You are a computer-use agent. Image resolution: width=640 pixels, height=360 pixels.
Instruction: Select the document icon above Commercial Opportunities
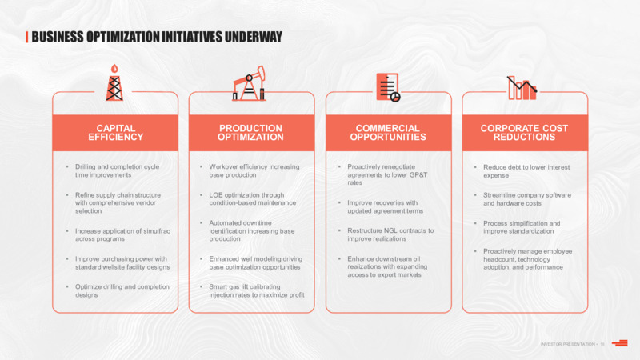pyautogui.click(x=388, y=87)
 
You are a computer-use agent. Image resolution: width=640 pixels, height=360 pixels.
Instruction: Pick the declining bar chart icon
pyautogui.click(x=522, y=88)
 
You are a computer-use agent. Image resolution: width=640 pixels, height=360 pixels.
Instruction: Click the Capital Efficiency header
pyautogui.click(x=115, y=133)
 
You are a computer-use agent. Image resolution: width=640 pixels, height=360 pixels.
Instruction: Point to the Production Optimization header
pyautogui.click(x=250, y=133)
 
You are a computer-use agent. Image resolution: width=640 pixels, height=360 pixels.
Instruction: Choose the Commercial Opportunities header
pyautogui.click(x=388, y=133)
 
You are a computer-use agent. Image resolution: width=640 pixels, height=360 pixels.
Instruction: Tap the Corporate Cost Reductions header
pyautogui.click(x=525, y=133)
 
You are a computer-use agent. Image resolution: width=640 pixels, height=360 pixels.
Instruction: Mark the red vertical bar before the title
pyautogui.click(x=27, y=37)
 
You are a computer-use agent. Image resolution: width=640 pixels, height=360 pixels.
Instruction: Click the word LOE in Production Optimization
pyautogui.click(x=216, y=195)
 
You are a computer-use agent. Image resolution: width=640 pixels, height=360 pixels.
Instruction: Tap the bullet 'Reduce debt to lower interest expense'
pyautogui.click(x=526, y=171)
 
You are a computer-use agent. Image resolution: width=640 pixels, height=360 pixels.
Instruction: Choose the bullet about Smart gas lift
pyautogui.click(x=257, y=290)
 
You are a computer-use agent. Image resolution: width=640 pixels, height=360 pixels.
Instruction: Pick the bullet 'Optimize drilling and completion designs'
pyautogui.click(x=122, y=290)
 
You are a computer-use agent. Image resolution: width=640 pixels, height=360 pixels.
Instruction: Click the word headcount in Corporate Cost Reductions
pyautogui.click(x=497, y=259)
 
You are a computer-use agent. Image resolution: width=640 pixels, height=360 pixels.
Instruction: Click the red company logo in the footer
pyautogui.click(x=619, y=343)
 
